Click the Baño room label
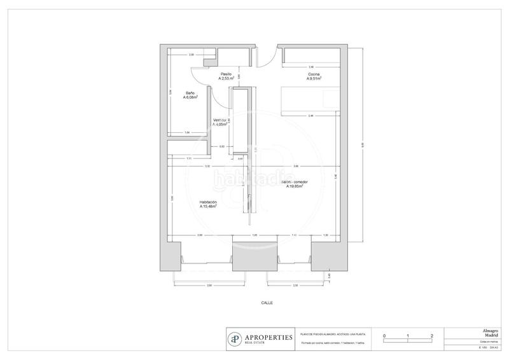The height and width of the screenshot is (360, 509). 190,93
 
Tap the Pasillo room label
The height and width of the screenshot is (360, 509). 226,74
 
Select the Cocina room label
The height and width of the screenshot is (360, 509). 314,74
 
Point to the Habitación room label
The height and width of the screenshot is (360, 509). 208,202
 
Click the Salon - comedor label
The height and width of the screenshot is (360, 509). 295,182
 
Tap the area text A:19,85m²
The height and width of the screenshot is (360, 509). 295,187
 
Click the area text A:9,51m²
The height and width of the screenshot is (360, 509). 314,80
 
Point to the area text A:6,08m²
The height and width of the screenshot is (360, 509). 190,98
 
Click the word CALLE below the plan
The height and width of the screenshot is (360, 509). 267,303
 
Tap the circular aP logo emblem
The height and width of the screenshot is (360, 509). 235,338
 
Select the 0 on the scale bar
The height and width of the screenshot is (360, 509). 384,335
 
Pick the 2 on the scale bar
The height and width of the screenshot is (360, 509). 432,335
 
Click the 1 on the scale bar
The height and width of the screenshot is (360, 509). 408,335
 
